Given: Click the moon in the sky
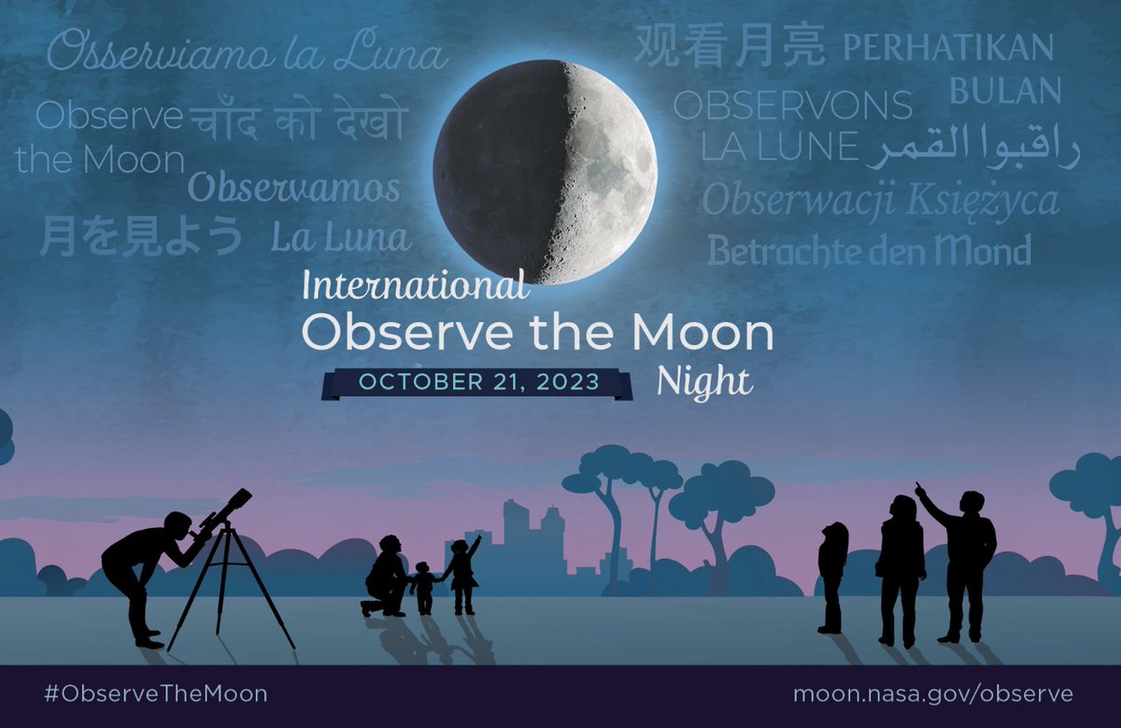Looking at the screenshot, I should point(545,172).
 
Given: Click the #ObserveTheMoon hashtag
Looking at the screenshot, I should point(155,694).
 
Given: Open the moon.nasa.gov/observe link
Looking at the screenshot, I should point(932,694).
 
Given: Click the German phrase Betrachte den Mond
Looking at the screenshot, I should point(869,250).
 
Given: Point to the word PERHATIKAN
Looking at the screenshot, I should point(948,48).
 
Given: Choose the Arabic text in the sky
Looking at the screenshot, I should point(972,148).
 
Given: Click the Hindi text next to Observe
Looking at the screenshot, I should point(299,121).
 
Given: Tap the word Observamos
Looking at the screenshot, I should point(294,189).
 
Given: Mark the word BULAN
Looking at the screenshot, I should point(1005,92).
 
